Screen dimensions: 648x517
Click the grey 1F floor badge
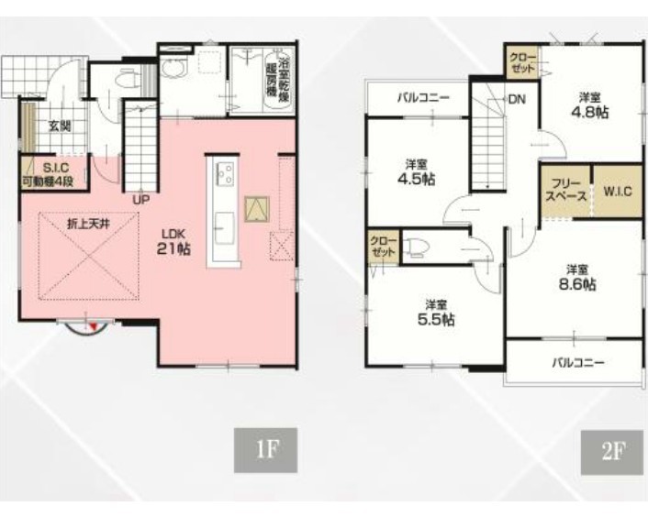coord(266,450)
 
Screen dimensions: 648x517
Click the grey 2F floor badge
coord(612,452)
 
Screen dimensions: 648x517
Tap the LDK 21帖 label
coord(173,242)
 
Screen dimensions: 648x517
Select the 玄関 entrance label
coord(60,126)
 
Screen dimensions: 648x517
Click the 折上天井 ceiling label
coord(88,224)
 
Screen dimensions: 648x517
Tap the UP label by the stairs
coord(141,200)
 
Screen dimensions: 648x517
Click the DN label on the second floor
coord(517,99)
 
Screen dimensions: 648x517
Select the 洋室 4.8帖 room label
coord(590,106)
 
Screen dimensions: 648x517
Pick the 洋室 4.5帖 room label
coord(416,172)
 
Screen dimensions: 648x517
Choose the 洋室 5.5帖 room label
coord(436,313)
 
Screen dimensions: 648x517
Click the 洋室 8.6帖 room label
coord(577,278)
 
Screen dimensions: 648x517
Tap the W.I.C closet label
coord(618,191)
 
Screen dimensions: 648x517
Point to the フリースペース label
coord(566,191)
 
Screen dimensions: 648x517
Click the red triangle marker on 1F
coord(94,326)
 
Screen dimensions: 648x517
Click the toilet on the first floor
coord(126,78)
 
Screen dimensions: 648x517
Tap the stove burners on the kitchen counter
coord(225,174)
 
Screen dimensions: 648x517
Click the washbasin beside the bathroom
coord(174,67)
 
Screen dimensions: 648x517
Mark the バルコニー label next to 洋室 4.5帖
coord(423,98)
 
